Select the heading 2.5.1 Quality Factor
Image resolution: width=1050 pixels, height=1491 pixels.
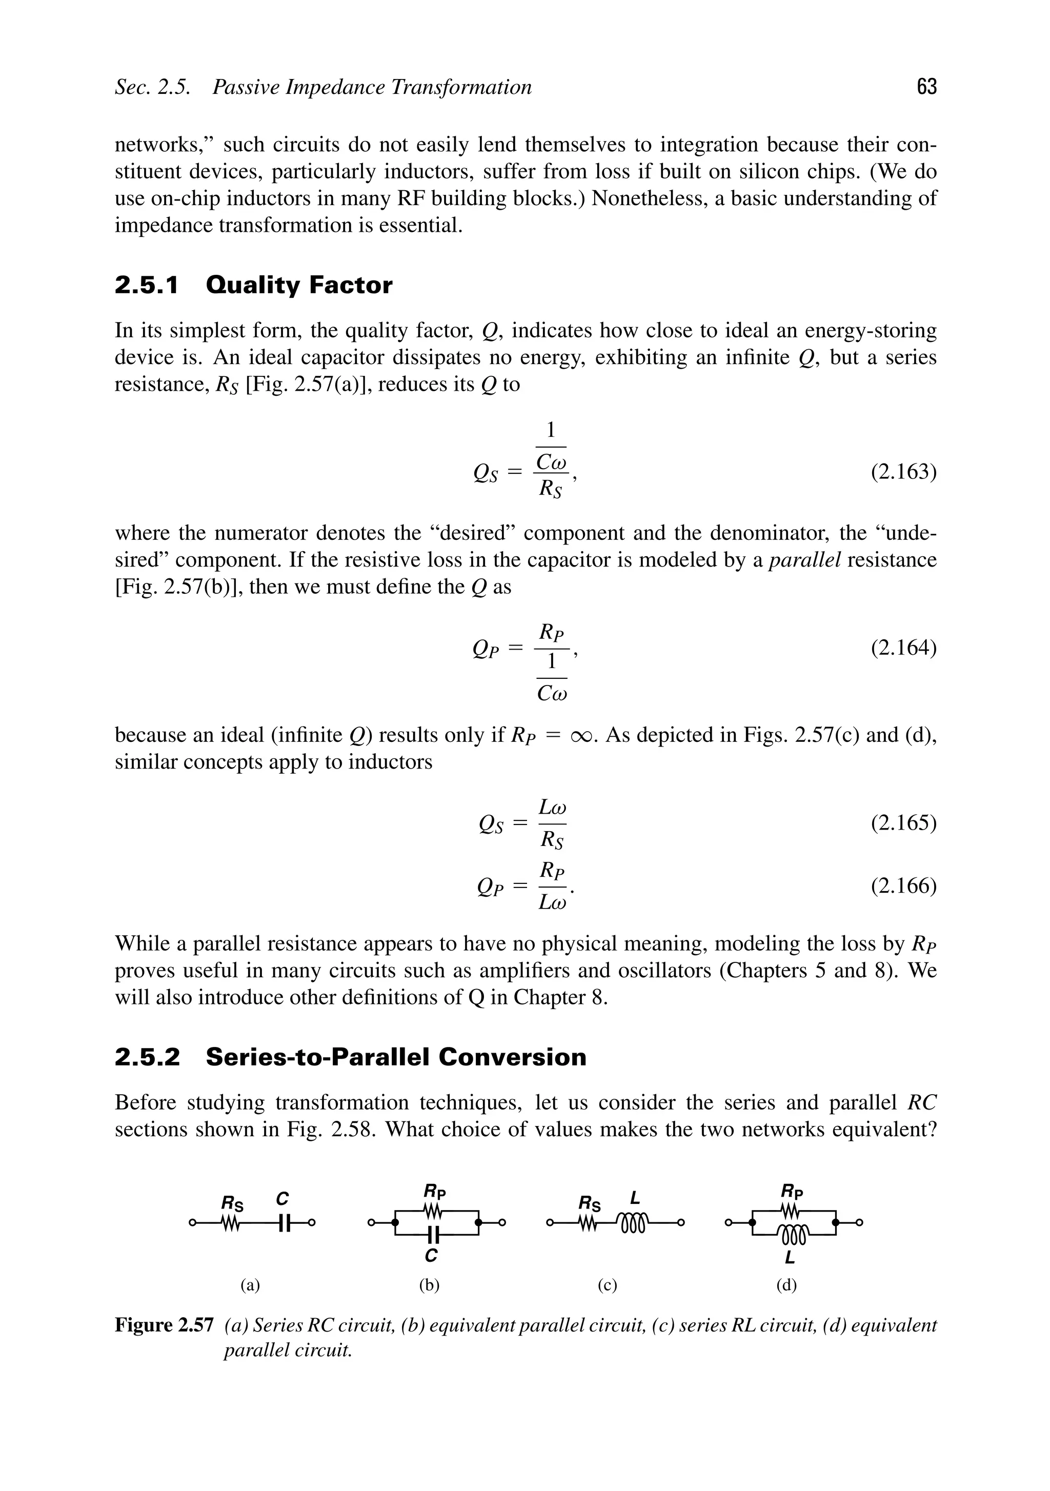(253, 285)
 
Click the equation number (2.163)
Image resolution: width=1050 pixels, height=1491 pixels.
(903, 472)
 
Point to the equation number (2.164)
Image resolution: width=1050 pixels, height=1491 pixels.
(903, 648)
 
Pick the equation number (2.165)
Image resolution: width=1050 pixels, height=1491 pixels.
(903, 823)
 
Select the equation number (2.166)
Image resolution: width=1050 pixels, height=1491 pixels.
(903, 886)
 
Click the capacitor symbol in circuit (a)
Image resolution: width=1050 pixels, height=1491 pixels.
(282, 1223)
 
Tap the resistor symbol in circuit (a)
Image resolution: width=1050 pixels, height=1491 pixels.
(231, 1223)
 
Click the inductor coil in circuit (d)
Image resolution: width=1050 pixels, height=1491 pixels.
(792, 1234)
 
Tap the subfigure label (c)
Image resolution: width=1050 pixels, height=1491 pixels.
(607, 1285)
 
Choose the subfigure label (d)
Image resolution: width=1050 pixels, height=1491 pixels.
(786, 1285)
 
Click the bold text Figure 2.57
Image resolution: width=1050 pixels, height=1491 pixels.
(164, 1325)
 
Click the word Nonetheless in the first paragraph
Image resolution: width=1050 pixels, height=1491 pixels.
(649, 198)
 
